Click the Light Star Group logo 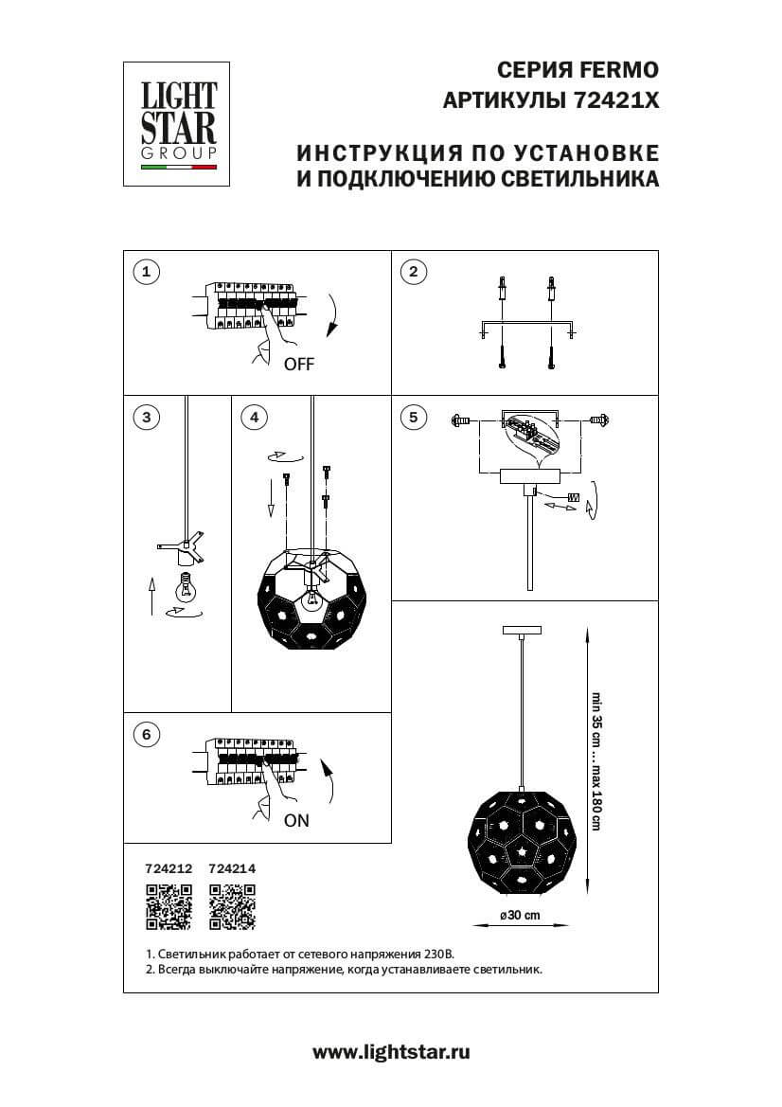pyautogui.click(x=179, y=124)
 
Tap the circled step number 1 pyautogui.click(x=145, y=273)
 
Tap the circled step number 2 pyautogui.click(x=412, y=273)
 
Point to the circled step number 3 pyautogui.click(x=145, y=417)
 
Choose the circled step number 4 pyautogui.click(x=253, y=417)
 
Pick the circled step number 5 pyautogui.click(x=412, y=417)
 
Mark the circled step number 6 pyautogui.click(x=145, y=734)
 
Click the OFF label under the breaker pyautogui.click(x=298, y=365)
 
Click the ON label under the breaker pyautogui.click(x=296, y=821)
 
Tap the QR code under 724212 pyautogui.click(x=169, y=906)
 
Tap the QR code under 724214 pyautogui.click(x=232, y=906)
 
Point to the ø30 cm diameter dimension pyautogui.click(x=520, y=915)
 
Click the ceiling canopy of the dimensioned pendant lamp pyautogui.click(x=521, y=629)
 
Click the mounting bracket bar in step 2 pyautogui.click(x=526, y=324)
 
